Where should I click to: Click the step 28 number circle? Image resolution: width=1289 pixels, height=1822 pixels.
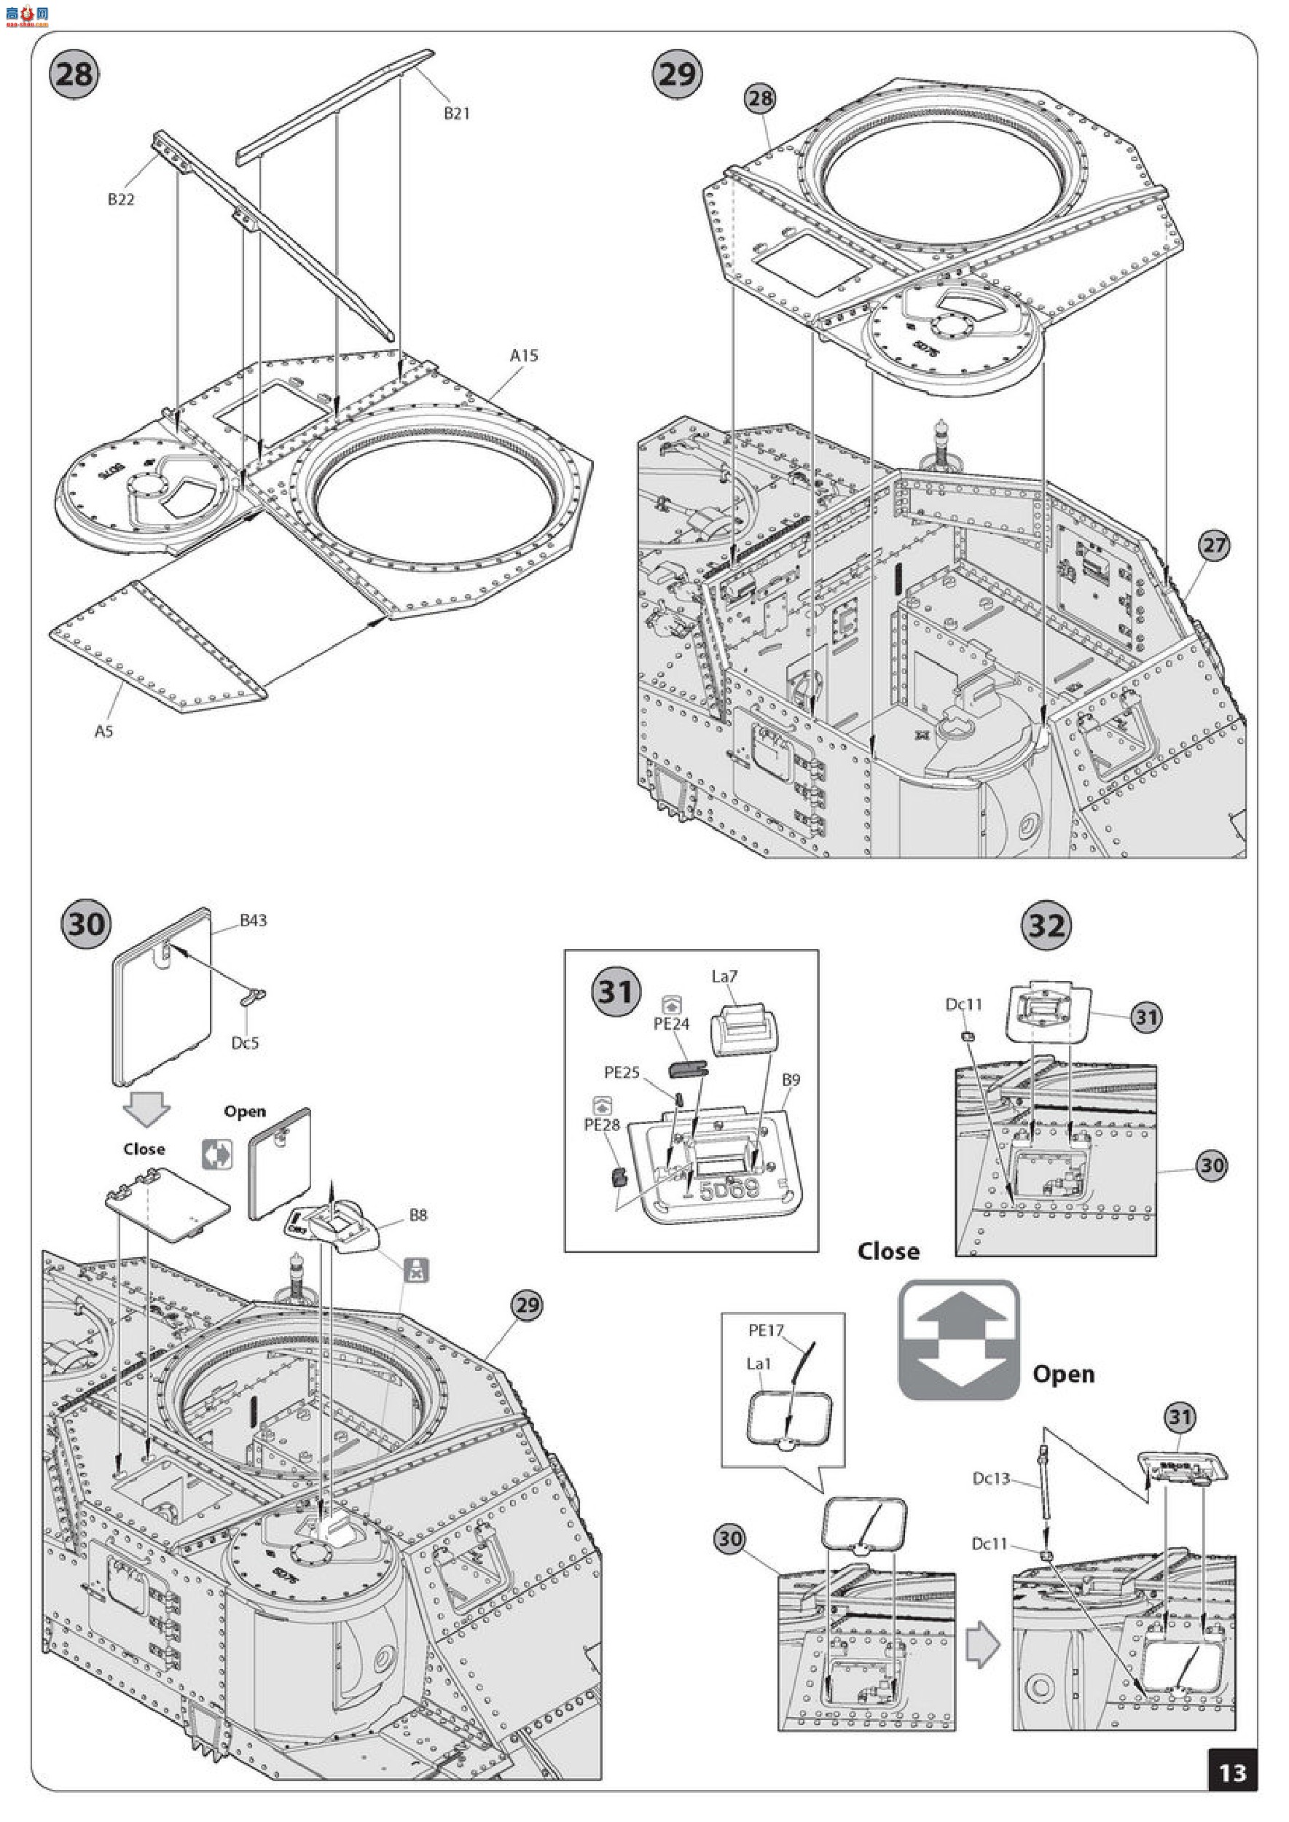[74, 74]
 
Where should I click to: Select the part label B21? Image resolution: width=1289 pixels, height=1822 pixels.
[456, 114]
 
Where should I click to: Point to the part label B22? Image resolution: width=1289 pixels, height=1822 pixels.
[121, 199]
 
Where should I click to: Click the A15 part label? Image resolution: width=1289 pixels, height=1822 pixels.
[524, 356]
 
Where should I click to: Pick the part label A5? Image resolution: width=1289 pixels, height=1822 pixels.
[104, 731]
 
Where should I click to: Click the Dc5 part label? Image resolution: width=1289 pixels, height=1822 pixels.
[246, 1042]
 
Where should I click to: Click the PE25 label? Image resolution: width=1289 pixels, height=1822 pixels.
[622, 1073]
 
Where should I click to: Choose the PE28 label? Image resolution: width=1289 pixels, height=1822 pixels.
[602, 1125]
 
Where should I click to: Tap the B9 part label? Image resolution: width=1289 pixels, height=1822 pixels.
[791, 1079]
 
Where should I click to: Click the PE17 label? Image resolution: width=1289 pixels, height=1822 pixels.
[766, 1329]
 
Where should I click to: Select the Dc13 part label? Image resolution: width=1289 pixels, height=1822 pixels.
[992, 1478]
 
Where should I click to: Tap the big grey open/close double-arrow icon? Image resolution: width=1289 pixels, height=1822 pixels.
[959, 1340]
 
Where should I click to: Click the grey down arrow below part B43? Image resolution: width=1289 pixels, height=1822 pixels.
[148, 1109]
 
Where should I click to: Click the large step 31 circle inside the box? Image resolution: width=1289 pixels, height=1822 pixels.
[616, 992]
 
